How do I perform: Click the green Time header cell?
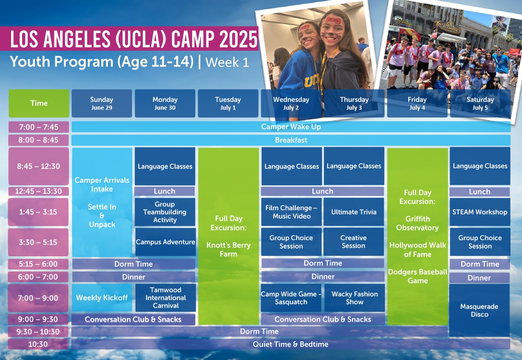pos(39,103)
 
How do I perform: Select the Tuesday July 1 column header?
pos(228,103)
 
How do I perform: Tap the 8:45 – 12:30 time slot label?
pos(39,166)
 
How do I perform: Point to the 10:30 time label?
pos(38,344)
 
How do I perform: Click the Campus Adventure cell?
pos(165,242)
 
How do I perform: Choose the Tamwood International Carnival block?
pos(165,298)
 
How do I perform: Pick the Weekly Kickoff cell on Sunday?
pos(102,298)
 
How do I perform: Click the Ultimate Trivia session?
pos(354,212)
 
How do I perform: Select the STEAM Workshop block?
pos(480,212)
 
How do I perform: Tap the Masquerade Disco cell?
pos(480,310)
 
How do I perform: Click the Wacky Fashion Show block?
pos(355,298)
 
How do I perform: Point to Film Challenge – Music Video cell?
pos(292,212)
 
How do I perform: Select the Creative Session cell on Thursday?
pos(353,242)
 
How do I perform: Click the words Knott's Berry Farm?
pos(229,249)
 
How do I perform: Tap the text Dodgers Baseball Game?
pos(417,276)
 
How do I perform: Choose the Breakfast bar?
pos(291,140)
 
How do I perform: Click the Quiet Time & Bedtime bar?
pos(291,344)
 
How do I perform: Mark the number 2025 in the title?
pos(238,39)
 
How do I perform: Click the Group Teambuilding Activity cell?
pos(165,212)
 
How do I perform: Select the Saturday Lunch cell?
pos(480,192)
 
